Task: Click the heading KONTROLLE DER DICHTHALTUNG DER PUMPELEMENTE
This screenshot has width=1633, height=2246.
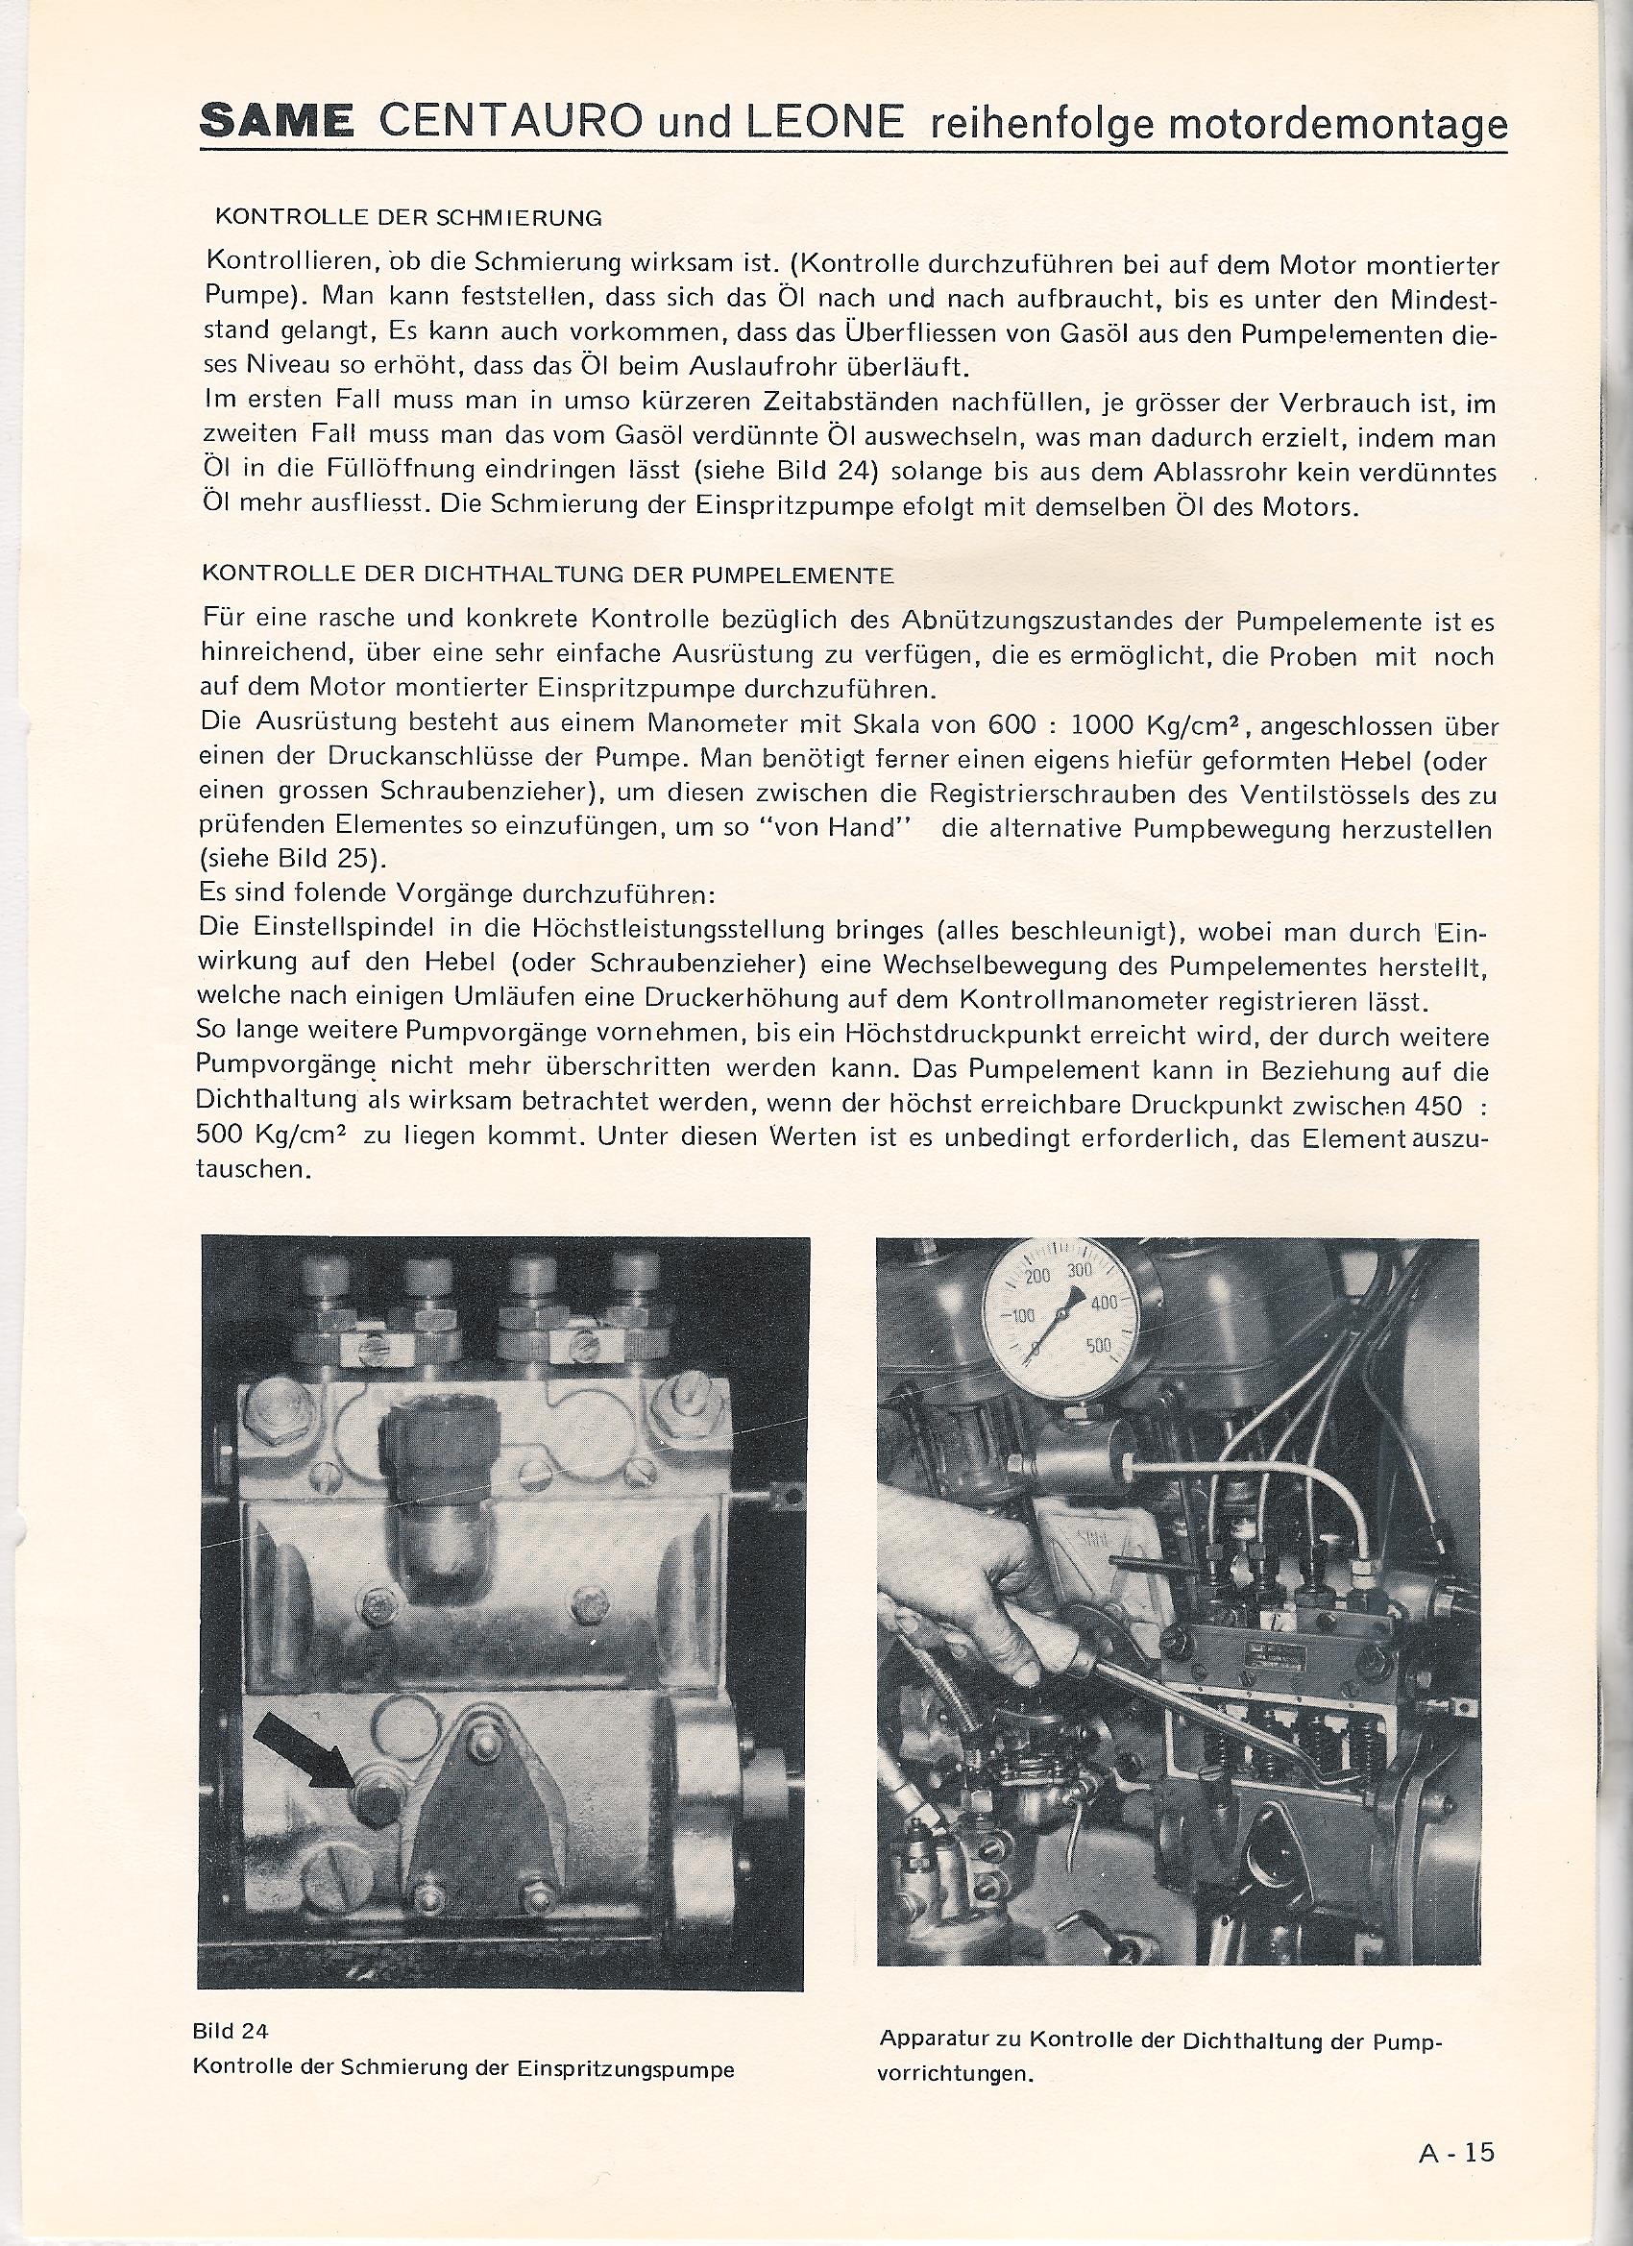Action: (548, 574)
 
